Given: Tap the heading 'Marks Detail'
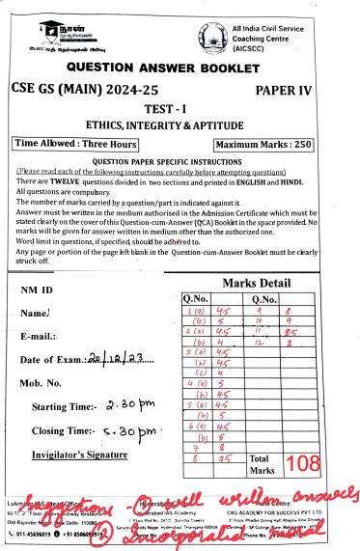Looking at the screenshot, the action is point(256,283).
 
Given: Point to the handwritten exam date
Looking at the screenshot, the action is point(123,333).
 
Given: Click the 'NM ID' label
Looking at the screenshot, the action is point(37,289).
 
